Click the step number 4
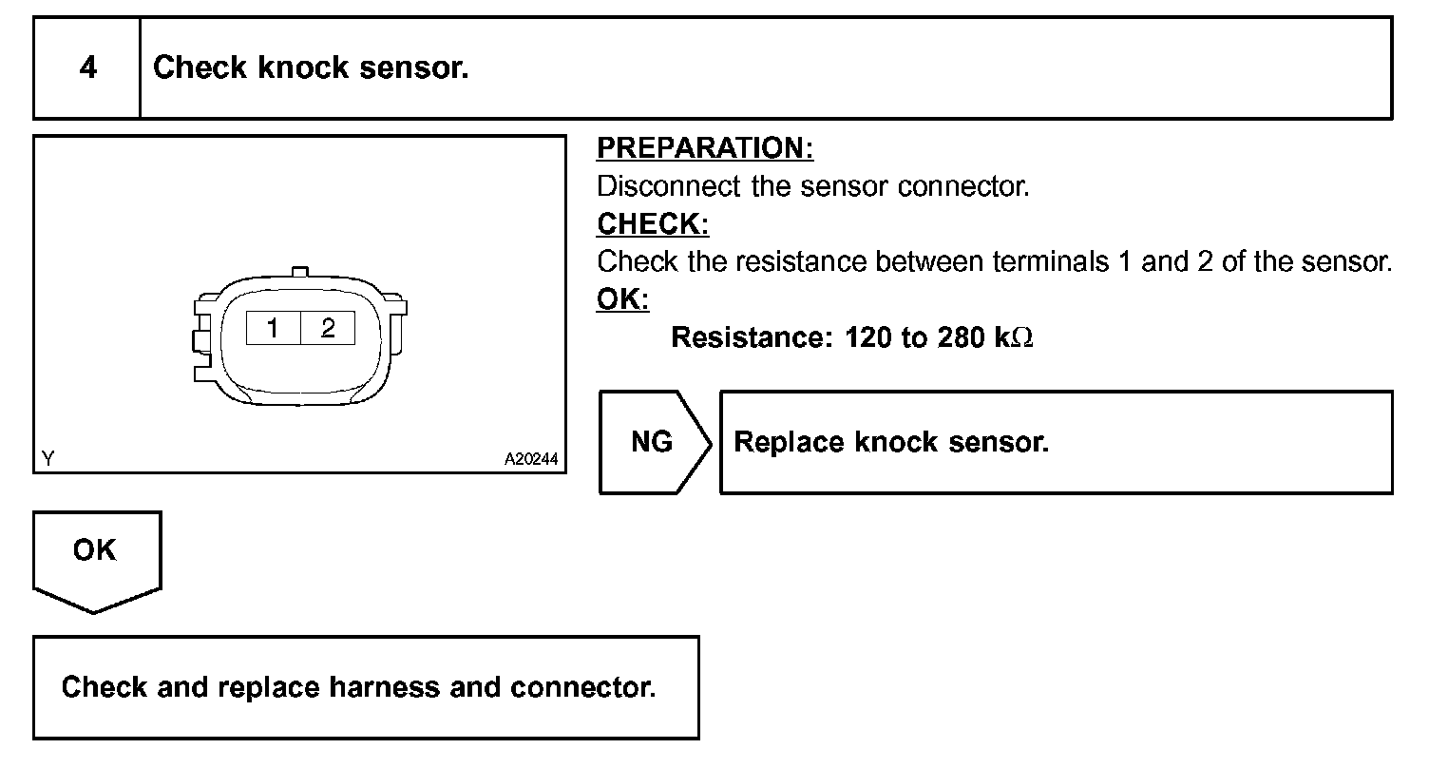87,68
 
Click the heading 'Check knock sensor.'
311,68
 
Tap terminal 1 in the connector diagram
273,329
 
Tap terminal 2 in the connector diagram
328,329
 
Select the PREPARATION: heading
705,148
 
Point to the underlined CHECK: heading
653,224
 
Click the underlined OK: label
622,299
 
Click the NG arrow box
653,442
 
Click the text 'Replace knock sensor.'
891,443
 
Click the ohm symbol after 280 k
1022,338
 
